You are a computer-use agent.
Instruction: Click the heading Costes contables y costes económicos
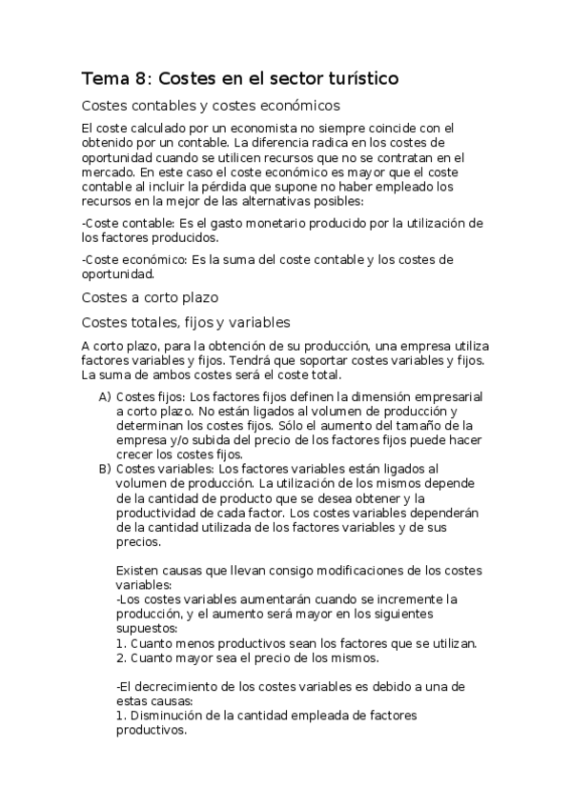[x=212, y=106]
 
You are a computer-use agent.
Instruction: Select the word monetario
[x=258, y=223]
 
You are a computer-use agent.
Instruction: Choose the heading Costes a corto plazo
[x=151, y=296]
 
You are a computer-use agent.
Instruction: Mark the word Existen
[x=136, y=570]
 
